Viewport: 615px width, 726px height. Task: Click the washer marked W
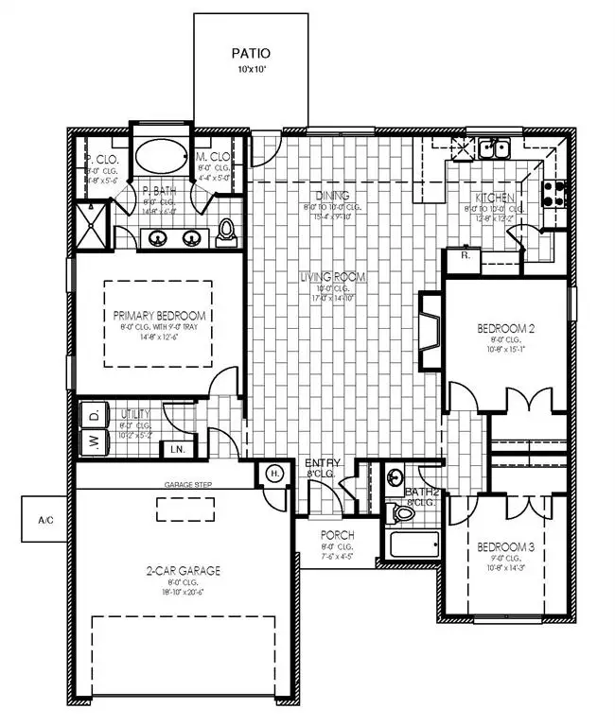pos(95,441)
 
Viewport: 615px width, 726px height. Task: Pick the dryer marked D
pos(95,415)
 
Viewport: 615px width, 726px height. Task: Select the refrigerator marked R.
pos(466,255)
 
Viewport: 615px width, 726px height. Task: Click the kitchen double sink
pos(493,147)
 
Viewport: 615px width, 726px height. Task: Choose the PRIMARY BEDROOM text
pos(160,316)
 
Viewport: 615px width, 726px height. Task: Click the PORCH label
pos(338,536)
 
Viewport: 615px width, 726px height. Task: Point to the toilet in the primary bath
pos(226,230)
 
